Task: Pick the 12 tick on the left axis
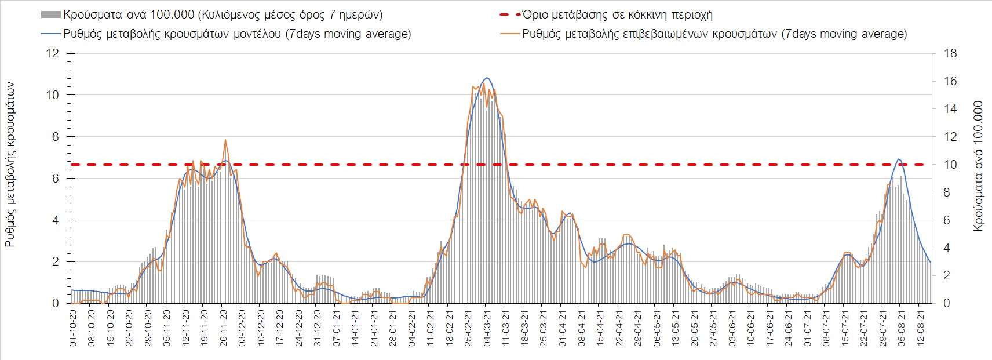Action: coord(53,54)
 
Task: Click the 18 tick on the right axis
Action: coord(950,54)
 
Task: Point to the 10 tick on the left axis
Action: coord(53,95)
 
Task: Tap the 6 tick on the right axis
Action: coord(947,220)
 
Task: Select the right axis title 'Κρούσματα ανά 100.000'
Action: coord(978,166)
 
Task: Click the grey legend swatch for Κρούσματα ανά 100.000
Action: coord(51,15)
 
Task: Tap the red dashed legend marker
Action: coord(509,15)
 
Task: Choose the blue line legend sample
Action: coord(51,34)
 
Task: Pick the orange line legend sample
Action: coord(509,34)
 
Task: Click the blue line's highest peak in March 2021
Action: coord(487,78)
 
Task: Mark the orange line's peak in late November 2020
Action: coord(225,140)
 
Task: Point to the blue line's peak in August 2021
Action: coord(898,158)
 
